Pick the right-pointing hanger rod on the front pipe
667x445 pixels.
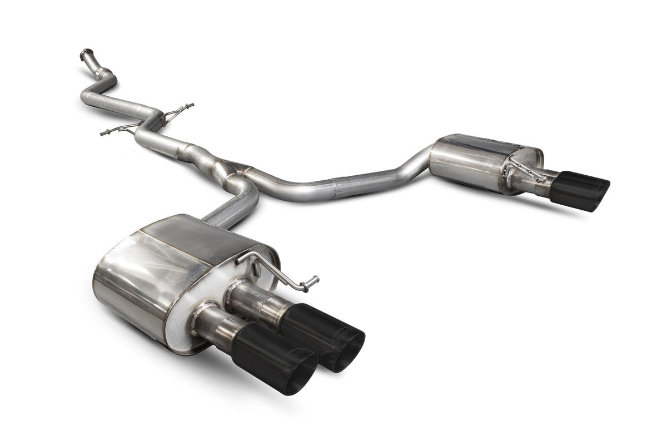point(181,108)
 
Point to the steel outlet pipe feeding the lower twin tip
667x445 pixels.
point(211,323)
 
